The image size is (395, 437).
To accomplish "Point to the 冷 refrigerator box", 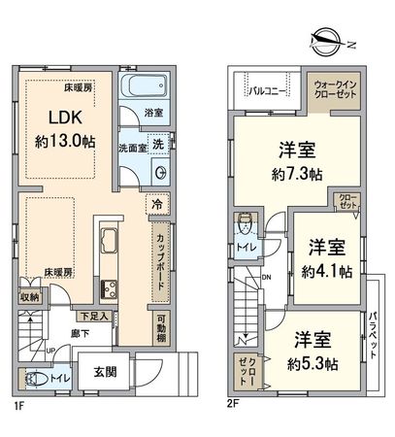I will pos(156,204).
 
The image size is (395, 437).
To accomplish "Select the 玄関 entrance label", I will pos(108,372).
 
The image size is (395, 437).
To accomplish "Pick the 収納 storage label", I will pos(29,297).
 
